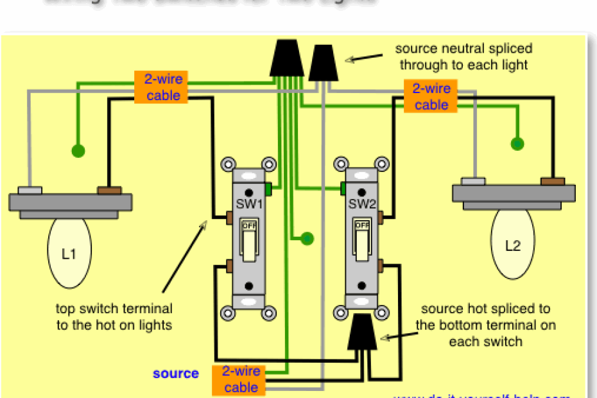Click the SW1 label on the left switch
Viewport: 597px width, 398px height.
[248, 204]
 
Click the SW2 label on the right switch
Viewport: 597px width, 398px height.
[361, 204]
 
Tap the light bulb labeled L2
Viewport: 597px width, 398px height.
[513, 246]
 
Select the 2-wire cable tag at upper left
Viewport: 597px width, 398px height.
[162, 87]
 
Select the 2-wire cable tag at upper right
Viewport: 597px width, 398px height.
[431, 96]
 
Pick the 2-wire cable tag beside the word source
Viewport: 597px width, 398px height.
[241, 379]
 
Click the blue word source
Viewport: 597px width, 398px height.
[175, 374]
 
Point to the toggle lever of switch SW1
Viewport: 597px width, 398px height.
[248, 245]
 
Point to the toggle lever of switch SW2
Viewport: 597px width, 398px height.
[362, 245]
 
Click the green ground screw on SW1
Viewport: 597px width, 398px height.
[268, 189]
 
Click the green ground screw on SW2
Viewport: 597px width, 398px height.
[343, 188]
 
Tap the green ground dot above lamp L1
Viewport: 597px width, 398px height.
[78, 151]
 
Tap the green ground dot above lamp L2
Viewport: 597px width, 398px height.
[517, 144]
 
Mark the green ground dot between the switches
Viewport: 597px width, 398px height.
[307, 239]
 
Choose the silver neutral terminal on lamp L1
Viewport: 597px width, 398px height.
[30, 191]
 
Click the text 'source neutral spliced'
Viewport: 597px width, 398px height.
[463, 49]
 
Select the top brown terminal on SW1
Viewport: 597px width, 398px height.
[229, 218]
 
